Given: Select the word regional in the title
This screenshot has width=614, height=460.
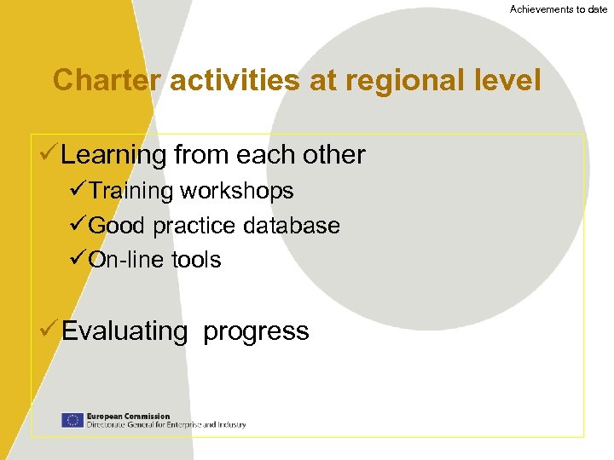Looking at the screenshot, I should coord(405,81).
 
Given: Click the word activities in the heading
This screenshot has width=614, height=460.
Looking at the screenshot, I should coord(235,81).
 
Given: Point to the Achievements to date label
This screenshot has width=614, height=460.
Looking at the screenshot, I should coord(559,9).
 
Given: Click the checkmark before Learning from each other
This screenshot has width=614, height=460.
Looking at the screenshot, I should coord(49,154).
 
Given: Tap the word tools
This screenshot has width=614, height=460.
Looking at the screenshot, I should coord(196,260).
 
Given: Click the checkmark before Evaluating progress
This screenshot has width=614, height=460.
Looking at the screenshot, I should coord(49,330).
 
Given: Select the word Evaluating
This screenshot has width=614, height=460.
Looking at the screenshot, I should coord(125,331).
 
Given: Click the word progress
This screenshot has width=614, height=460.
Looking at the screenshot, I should coord(256,332).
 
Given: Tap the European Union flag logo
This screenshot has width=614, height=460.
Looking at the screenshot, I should coord(72,420).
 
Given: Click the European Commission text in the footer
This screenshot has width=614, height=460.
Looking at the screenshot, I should coord(128,417).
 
